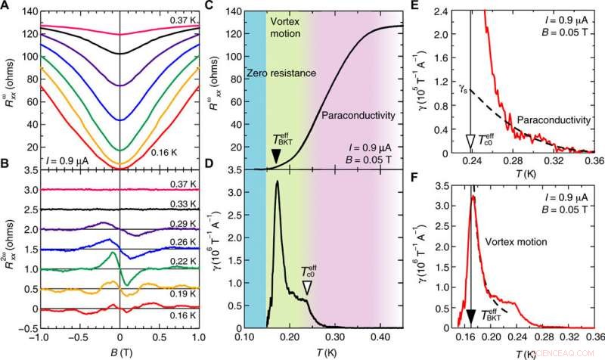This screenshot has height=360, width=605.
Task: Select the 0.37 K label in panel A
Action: pos(182,18)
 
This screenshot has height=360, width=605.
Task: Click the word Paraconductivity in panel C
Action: pos(358,116)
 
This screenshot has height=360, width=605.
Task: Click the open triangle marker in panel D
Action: pos(306,287)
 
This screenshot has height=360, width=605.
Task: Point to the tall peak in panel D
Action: pos(278,182)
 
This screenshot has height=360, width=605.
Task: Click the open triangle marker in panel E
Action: pos(471,141)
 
